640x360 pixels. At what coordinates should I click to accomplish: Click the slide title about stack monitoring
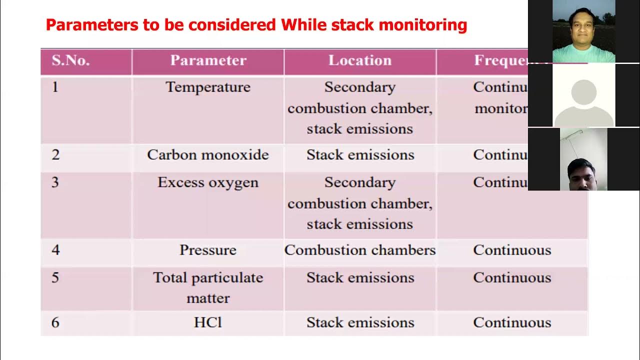tap(256, 25)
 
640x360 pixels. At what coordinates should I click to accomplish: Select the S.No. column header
tap(70, 60)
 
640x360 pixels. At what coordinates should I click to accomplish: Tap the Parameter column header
tap(208, 60)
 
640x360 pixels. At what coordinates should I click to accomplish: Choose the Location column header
tap(359, 60)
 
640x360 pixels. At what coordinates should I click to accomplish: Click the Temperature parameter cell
tap(208, 87)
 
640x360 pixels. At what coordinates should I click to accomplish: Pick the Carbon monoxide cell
tap(208, 155)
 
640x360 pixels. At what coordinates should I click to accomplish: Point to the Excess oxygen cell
tap(208, 182)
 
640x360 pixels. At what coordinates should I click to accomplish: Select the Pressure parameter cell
tap(208, 250)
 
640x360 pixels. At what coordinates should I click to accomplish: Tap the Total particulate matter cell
tap(208, 287)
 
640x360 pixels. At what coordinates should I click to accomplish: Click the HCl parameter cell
tap(208, 323)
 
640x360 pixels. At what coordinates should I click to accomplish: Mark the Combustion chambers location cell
tap(360, 250)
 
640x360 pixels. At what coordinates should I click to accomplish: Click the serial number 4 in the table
tap(55, 250)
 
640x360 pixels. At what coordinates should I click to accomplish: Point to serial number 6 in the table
tap(55, 323)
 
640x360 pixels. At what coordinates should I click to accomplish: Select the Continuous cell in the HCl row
tap(512, 323)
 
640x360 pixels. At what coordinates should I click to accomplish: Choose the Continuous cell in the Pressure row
tap(512, 250)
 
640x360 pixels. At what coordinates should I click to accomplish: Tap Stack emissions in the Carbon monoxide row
tap(360, 155)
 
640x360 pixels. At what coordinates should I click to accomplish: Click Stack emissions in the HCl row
tap(360, 323)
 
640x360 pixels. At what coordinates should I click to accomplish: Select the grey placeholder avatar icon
tap(583, 102)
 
